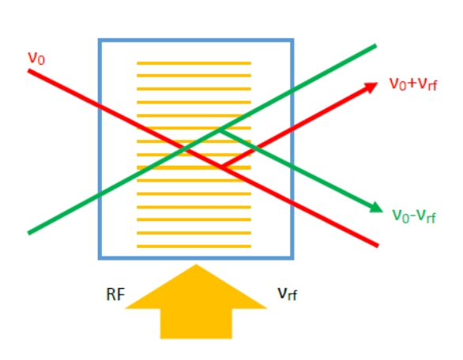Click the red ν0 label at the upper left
[x=36, y=58]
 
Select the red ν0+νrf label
[x=412, y=84]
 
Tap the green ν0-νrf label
[x=414, y=216]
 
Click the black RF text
[x=115, y=294]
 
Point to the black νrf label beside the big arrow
[x=288, y=294]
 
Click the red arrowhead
[x=371, y=88]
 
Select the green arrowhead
[x=376, y=208]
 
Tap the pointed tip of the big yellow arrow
[x=196, y=264]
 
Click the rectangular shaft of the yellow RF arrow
[x=196, y=324]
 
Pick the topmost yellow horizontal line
[x=194, y=63]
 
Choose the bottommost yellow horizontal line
[x=194, y=246]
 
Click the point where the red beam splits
[x=221, y=167]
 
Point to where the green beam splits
[x=220, y=129]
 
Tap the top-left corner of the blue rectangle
[x=100, y=39]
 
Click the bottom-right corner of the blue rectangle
[x=292, y=258]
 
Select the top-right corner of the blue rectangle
[x=292, y=39]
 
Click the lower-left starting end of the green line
[x=28, y=233]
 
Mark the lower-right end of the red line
[x=378, y=246]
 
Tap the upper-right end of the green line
[x=376, y=46]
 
